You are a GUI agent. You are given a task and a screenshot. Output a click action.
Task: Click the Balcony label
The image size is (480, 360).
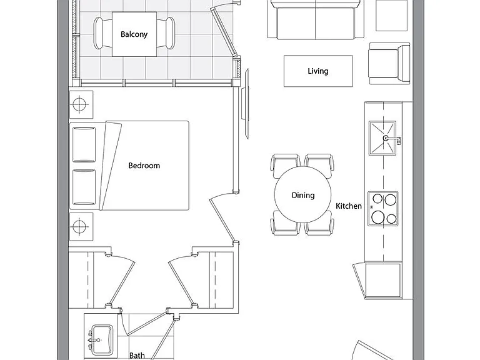(134, 34)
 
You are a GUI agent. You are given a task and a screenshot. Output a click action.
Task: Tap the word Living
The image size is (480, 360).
(318, 71)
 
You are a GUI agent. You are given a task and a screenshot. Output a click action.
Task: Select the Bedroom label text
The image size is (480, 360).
(144, 166)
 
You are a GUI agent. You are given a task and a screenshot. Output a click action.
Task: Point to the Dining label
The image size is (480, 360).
(303, 195)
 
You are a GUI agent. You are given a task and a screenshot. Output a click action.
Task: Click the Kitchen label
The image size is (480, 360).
(349, 206)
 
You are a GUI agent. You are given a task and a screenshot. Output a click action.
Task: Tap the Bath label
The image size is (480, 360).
(137, 356)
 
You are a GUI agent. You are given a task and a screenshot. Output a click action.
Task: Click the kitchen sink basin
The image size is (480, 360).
(382, 138)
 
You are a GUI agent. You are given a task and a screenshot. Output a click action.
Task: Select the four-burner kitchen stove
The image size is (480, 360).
(383, 209)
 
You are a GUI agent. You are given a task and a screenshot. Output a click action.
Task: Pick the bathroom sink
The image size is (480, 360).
(102, 340)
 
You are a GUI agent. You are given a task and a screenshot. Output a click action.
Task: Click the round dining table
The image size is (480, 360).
(302, 194)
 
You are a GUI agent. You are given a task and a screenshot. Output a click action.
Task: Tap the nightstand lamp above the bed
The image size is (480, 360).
(81, 105)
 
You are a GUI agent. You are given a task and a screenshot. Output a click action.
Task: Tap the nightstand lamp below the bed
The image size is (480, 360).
(81, 227)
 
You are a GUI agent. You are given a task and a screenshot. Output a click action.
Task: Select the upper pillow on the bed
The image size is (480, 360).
(84, 144)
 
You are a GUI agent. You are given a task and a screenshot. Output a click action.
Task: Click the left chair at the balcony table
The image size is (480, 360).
(102, 33)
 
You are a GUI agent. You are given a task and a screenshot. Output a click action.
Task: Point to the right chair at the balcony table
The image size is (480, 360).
(166, 33)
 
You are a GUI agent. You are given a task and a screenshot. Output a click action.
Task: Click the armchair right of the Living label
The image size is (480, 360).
(389, 64)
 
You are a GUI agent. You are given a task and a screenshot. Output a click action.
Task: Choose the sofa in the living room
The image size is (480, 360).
(316, 19)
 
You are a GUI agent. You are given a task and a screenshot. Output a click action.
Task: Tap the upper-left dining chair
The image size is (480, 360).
(285, 164)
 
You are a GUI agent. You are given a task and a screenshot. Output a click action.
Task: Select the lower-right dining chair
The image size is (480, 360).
(319, 224)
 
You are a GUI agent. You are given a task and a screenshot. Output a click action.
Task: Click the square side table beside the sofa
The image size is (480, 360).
(391, 15)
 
